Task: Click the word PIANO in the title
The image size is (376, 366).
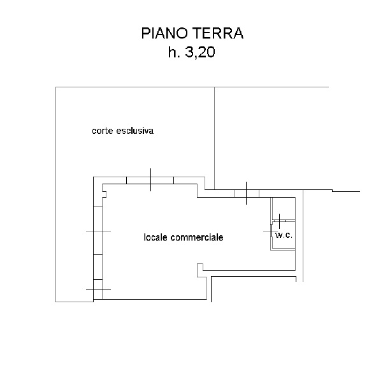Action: [164, 33]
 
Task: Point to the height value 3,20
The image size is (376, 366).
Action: [200, 52]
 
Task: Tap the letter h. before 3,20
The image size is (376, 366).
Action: [174, 52]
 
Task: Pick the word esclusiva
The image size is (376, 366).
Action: [134, 131]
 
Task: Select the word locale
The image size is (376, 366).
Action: [155, 237]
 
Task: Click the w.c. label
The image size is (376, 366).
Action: [284, 235]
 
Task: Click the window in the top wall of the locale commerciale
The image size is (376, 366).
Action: [150, 180]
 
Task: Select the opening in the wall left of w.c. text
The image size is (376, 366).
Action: [271, 231]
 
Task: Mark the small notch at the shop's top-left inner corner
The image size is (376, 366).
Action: [104, 194]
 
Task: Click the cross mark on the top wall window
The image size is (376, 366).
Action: [150, 180]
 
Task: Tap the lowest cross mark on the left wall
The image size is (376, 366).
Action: [98, 289]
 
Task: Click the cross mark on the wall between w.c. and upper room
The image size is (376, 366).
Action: [280, 221]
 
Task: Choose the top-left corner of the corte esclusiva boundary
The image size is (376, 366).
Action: [55, 87]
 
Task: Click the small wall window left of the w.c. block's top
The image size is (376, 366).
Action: [247, 194]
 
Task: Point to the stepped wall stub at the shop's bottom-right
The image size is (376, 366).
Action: [201, 270]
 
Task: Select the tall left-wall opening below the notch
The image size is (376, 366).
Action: [98, 230]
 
